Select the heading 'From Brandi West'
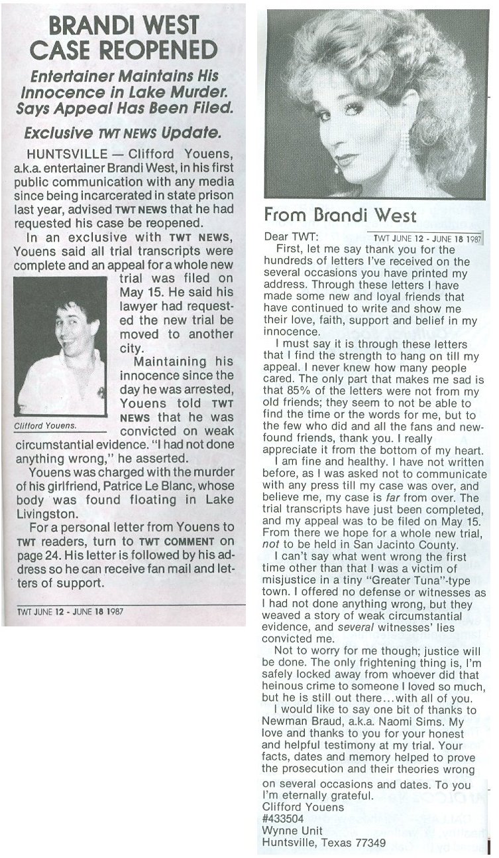[340, 216]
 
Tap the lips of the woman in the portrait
[347, 160]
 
